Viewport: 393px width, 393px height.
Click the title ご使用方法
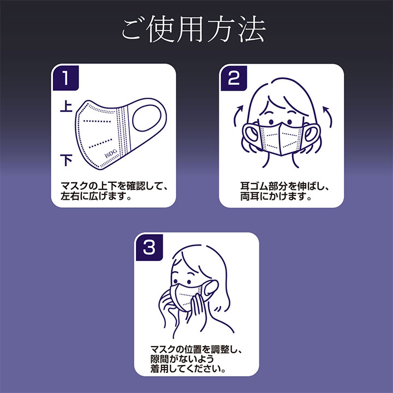193,29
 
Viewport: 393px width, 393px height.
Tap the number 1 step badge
66,78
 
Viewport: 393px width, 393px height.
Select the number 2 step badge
234,78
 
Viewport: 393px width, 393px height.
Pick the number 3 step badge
150,247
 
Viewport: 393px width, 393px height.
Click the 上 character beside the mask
66,106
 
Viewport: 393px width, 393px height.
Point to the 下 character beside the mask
66,160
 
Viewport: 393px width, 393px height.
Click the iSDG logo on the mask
111,153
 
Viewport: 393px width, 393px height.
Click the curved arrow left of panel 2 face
237,115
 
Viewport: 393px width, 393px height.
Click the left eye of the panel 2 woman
271,122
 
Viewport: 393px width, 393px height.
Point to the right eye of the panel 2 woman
290,122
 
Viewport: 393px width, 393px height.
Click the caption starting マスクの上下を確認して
114,186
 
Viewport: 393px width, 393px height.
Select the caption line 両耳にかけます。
276,196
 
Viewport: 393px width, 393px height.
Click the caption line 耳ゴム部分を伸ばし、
284,186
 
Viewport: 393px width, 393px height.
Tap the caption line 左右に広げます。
96,196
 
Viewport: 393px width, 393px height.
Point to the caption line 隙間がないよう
182,359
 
